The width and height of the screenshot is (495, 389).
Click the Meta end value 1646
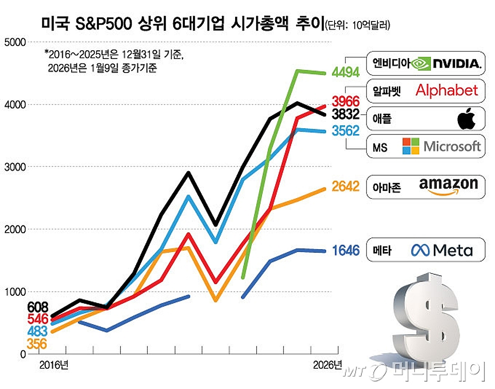tap(346, 250)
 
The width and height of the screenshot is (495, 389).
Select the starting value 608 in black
tap(38, 307)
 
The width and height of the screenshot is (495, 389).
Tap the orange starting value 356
tap(37, 344)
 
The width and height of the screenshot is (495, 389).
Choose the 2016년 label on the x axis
tap(54, 365)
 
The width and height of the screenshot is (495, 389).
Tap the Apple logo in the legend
tap(467, 119)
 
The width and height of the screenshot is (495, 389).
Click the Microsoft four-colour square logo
tap(411, 146)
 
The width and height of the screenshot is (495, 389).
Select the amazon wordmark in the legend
tap(448, 186)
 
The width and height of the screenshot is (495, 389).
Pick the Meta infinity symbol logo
tap(420, 250)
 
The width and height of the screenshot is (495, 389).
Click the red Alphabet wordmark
tap(447, 90)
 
